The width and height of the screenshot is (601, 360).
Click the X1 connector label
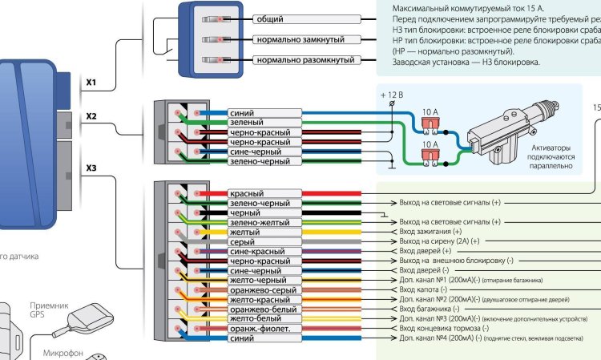click(91, 82)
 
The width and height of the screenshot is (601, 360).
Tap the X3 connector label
click(91, 168)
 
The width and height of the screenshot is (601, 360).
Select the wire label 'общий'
click(271, 18)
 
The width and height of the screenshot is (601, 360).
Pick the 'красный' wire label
click(247, 194)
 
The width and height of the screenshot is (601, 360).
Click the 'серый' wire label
click(242, 241)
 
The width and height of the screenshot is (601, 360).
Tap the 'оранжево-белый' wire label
click(262, 309)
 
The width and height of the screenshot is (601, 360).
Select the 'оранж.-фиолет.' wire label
click(261, 328)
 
